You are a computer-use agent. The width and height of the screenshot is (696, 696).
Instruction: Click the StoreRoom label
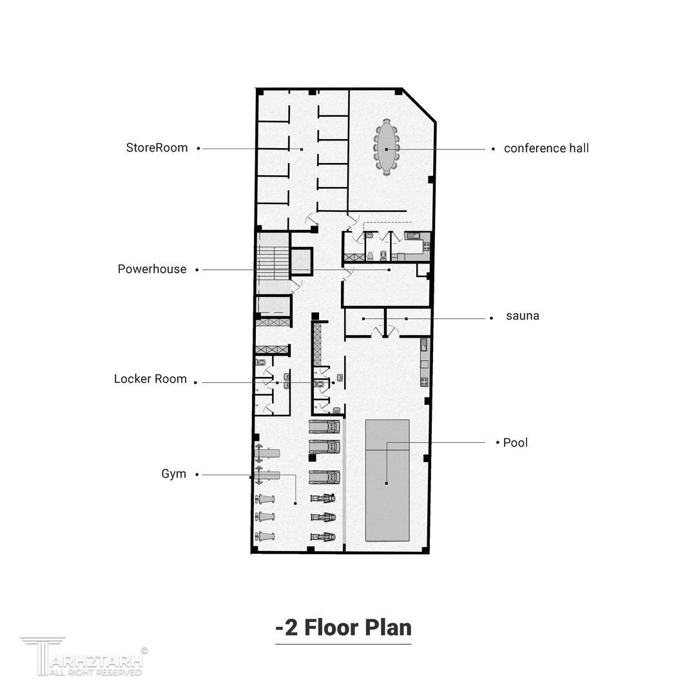coord(157,148)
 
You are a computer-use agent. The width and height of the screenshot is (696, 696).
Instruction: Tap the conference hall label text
coord(546,148)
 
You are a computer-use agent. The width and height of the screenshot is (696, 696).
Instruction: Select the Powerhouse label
coord(152,269)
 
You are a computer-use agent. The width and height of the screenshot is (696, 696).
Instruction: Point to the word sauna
coord(523,316)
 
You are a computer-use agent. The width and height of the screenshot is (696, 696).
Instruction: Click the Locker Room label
coord(150,379)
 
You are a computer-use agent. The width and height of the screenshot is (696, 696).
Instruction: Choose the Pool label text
coord(516,443)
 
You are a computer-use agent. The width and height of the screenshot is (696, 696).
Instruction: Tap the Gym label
coord(173,474)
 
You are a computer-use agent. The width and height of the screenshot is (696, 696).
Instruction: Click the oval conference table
coord(387,147)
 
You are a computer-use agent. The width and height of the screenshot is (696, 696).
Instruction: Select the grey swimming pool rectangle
coord(387,480)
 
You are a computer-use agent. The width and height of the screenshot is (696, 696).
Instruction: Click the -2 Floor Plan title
coord(343,628)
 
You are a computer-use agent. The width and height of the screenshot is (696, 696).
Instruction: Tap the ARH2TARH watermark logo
coord(84,657)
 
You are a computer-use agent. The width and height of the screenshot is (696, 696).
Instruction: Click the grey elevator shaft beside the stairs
coord(302,262)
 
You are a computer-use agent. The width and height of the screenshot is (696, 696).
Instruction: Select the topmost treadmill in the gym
coord(324,426)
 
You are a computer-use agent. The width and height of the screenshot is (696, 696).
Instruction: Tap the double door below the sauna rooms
coord(385,331)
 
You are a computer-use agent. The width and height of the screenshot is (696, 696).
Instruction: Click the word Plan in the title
coord(389,628)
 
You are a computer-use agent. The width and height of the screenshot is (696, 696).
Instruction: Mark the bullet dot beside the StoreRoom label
coord(198,148)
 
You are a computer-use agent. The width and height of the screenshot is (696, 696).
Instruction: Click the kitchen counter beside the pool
coord(424,362)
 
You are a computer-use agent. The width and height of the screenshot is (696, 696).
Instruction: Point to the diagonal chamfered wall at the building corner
coord(419,105)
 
